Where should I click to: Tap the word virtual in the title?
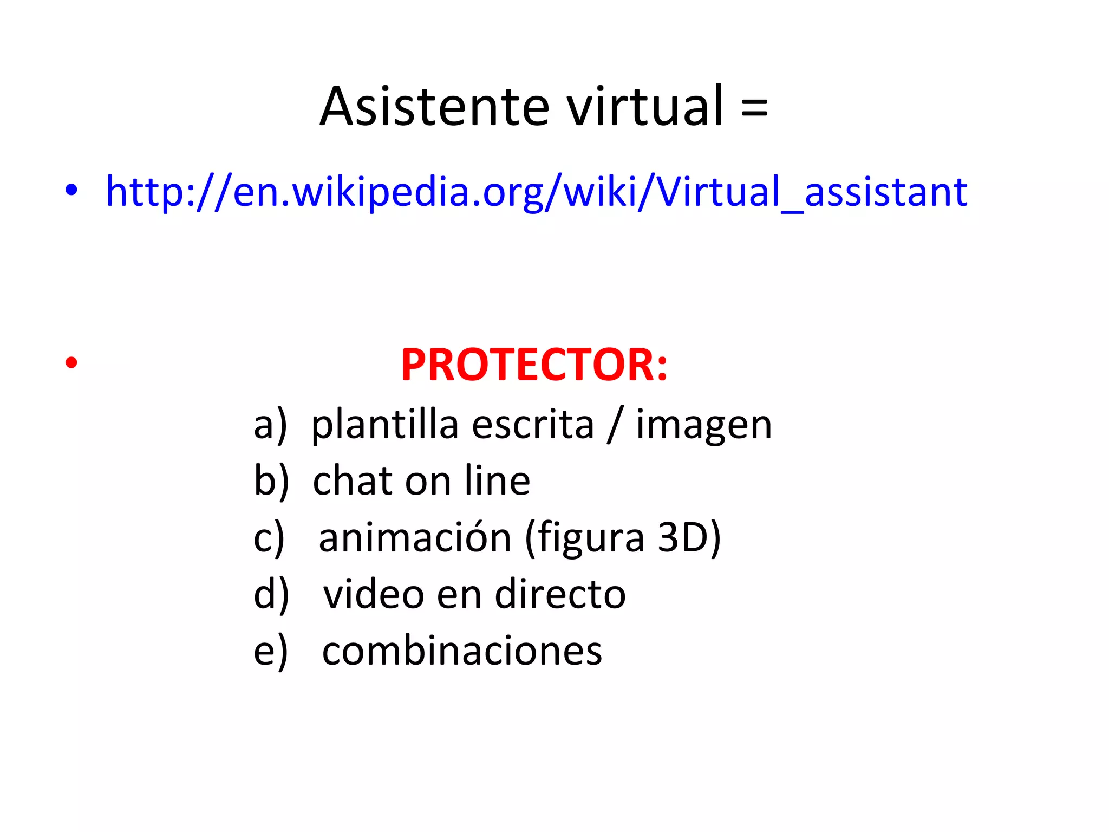pos(645,107)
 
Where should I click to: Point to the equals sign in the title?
pos(754,107)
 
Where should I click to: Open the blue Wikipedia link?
pos(536,192)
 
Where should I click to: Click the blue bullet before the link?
pos(71,191)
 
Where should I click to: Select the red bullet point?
pos(71,362)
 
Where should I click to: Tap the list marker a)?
pos(270,426)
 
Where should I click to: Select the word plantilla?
pos(385,426)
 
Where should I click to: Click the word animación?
pos(415,538)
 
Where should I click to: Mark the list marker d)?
pos(271,595)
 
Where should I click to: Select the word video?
pos(374,595)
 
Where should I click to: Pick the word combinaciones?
pos(462,651)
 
